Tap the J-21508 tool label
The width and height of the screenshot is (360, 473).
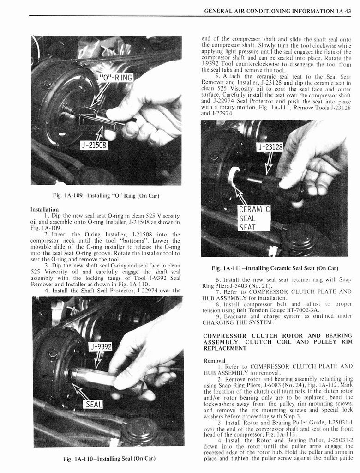94,145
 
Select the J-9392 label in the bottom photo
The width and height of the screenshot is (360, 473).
101,346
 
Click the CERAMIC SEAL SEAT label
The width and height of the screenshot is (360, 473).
254,218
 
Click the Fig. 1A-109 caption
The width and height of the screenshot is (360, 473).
106,196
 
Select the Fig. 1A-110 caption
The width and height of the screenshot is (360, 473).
108,459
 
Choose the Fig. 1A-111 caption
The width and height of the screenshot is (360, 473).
275,268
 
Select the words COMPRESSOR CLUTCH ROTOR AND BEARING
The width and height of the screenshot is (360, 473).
277,335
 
